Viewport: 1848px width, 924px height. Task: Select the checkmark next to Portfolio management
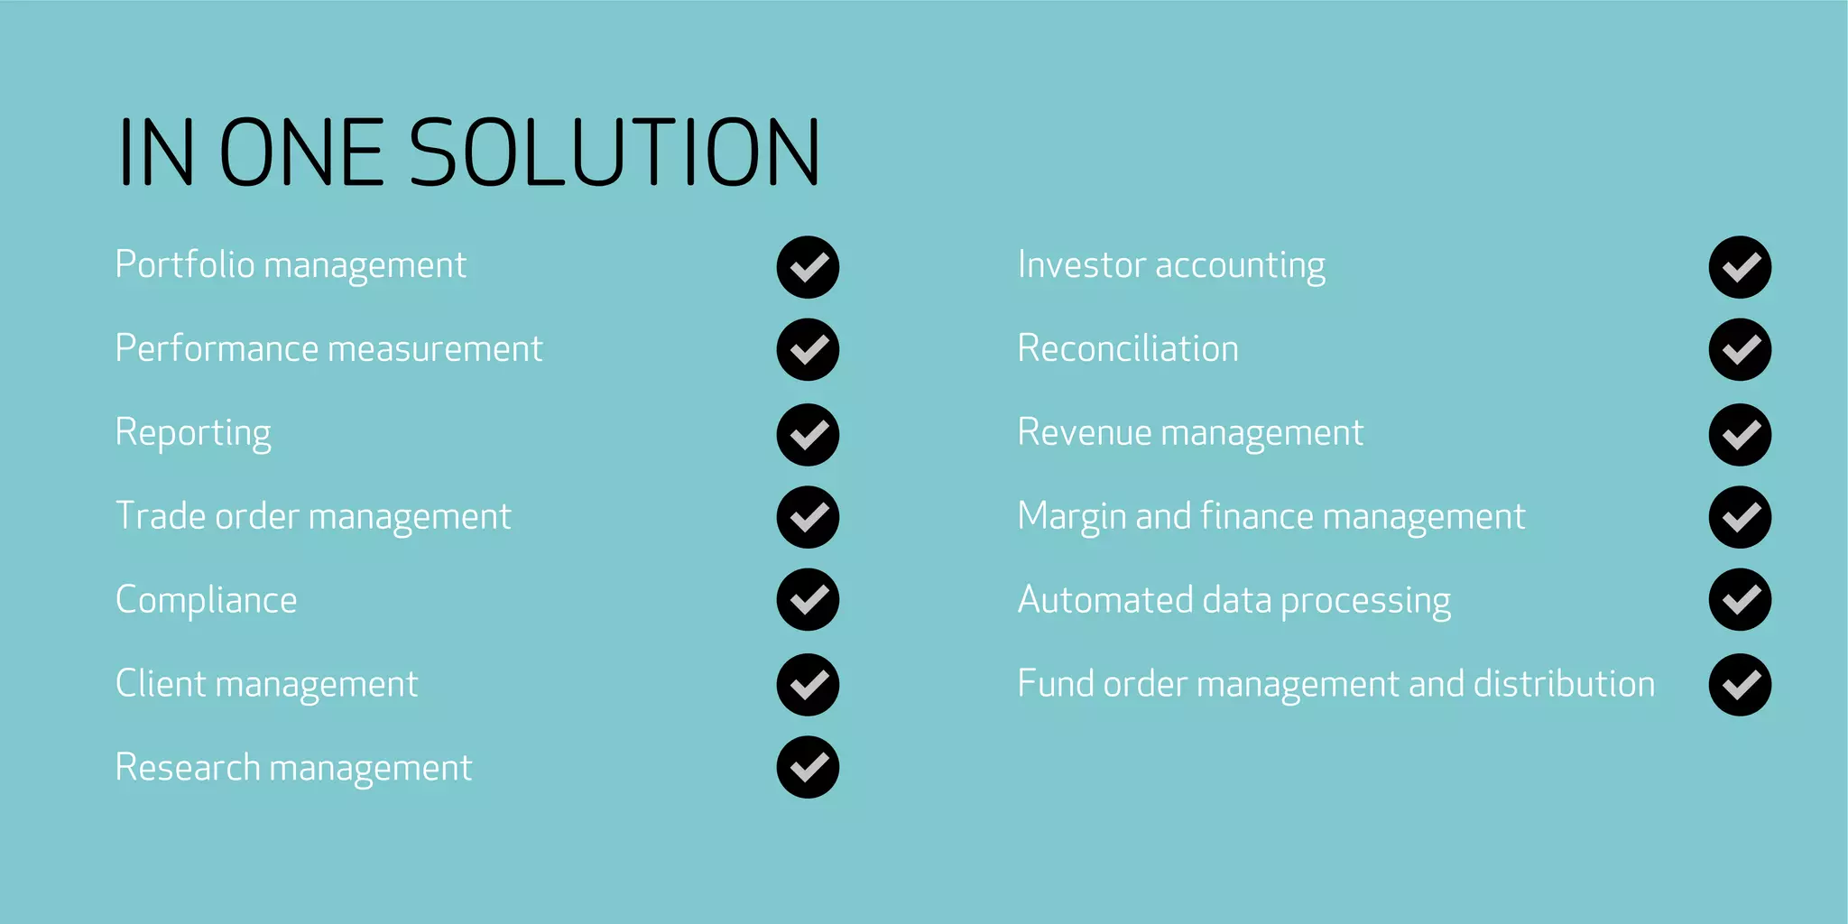pos(808,267)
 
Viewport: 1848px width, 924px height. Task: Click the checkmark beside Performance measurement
pos(808,349)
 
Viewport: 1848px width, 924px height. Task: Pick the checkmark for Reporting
pos(808,434)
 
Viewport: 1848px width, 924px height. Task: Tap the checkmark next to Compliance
pos(808,599)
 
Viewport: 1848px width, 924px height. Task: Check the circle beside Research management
pos(808,767)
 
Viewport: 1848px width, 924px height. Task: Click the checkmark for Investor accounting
pos(1740,267)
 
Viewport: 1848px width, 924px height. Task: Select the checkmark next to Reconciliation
pos(1740,349)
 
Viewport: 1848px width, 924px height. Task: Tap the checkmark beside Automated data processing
pos(1740,599)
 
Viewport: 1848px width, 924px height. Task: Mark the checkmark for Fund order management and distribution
pos(1740,684)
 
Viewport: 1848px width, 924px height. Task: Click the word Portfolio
pos(185,264)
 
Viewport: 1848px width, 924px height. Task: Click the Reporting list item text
pos(193,433)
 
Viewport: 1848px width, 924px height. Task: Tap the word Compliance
pos(207,600)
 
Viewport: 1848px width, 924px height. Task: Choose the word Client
pos(162,683)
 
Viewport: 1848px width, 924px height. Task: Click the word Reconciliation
pos(1128,348)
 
